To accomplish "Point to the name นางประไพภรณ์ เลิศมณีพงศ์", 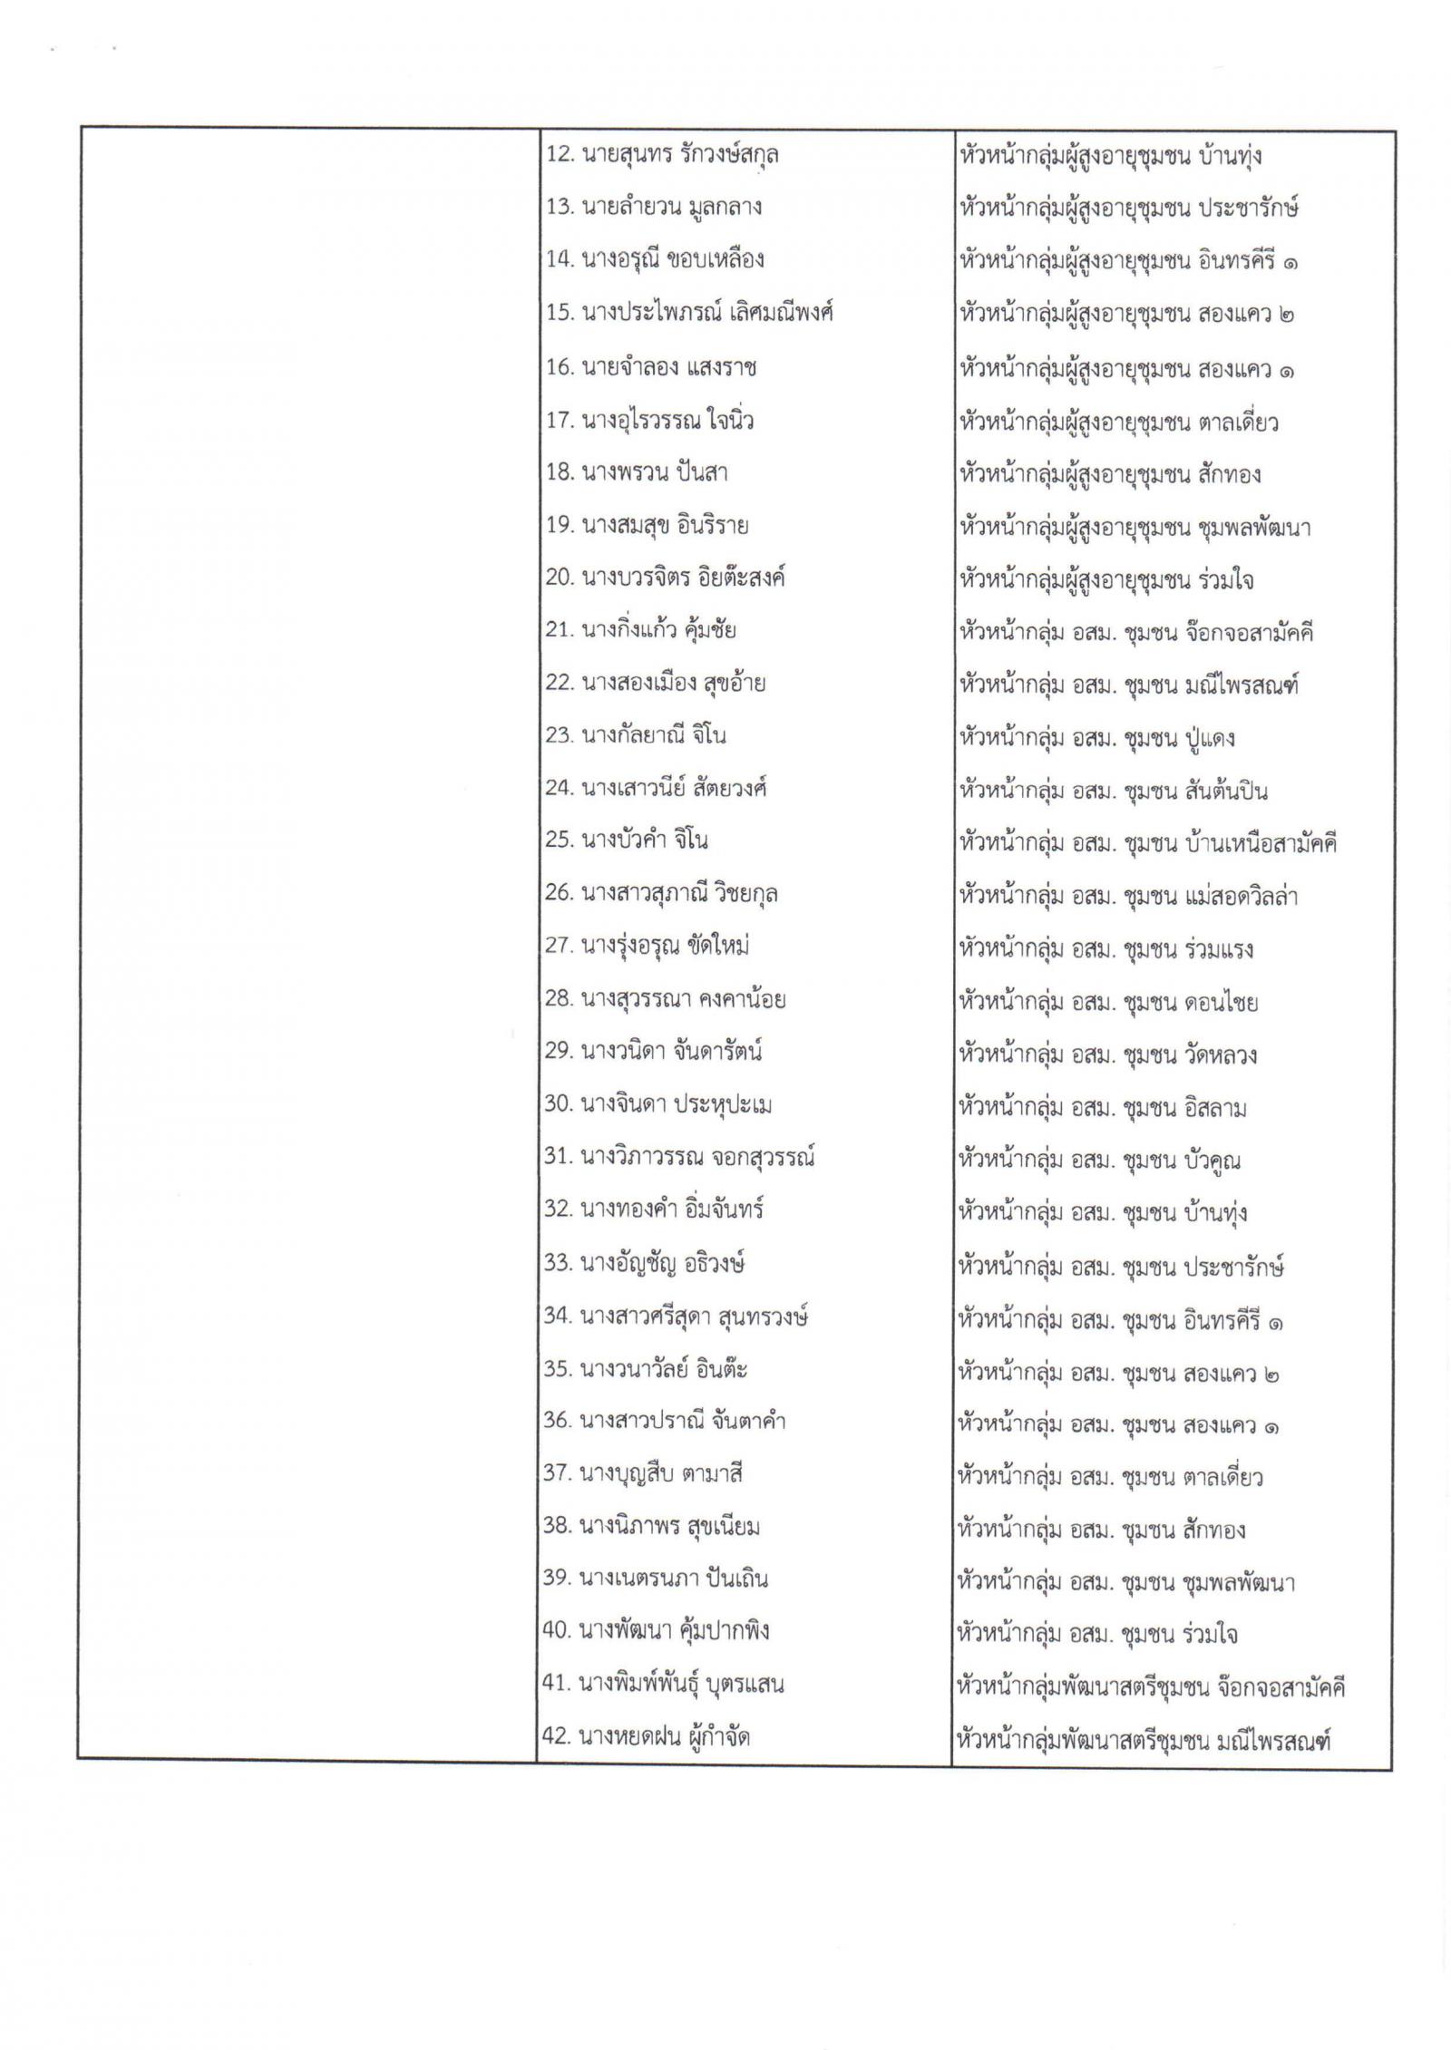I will pos(706,314).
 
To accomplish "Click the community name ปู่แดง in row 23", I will pos(1209,738).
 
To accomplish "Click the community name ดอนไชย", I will pos(1221,1003).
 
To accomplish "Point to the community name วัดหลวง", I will pos(1220,1055).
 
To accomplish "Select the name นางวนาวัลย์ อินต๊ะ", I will pos(663,1369).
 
